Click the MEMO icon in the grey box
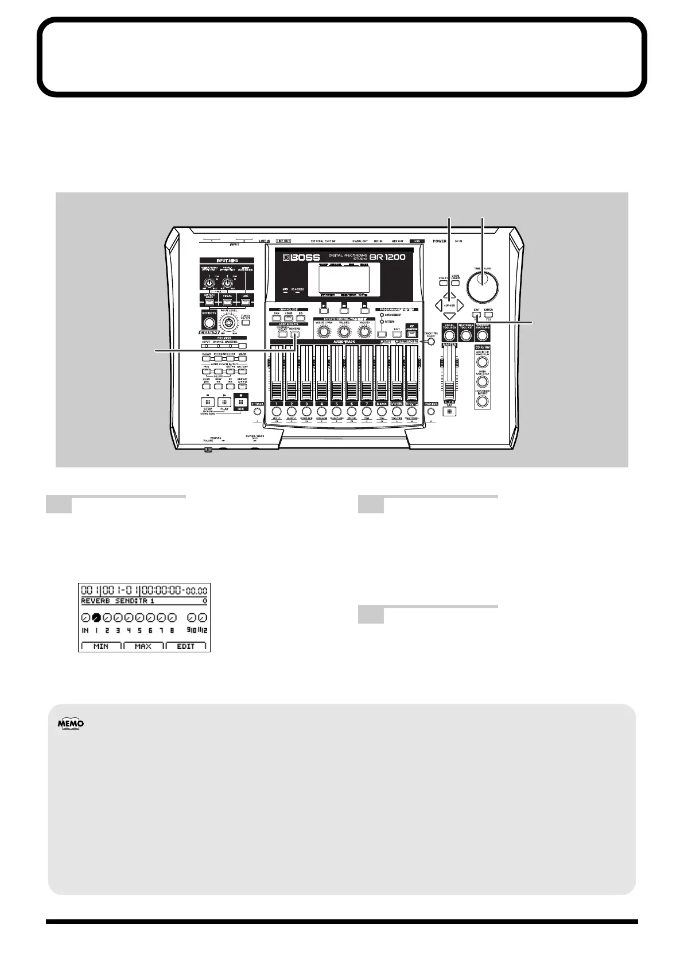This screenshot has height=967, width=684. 71,724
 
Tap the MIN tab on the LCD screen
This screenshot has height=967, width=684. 101,646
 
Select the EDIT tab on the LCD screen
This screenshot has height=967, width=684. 186,646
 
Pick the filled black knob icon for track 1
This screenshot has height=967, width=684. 96,618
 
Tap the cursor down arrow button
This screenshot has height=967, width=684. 449,316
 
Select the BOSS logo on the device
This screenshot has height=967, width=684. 298,257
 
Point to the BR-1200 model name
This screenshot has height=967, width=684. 387,257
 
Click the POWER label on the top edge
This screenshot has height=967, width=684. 440,241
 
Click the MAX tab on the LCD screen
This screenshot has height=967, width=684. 143,646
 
